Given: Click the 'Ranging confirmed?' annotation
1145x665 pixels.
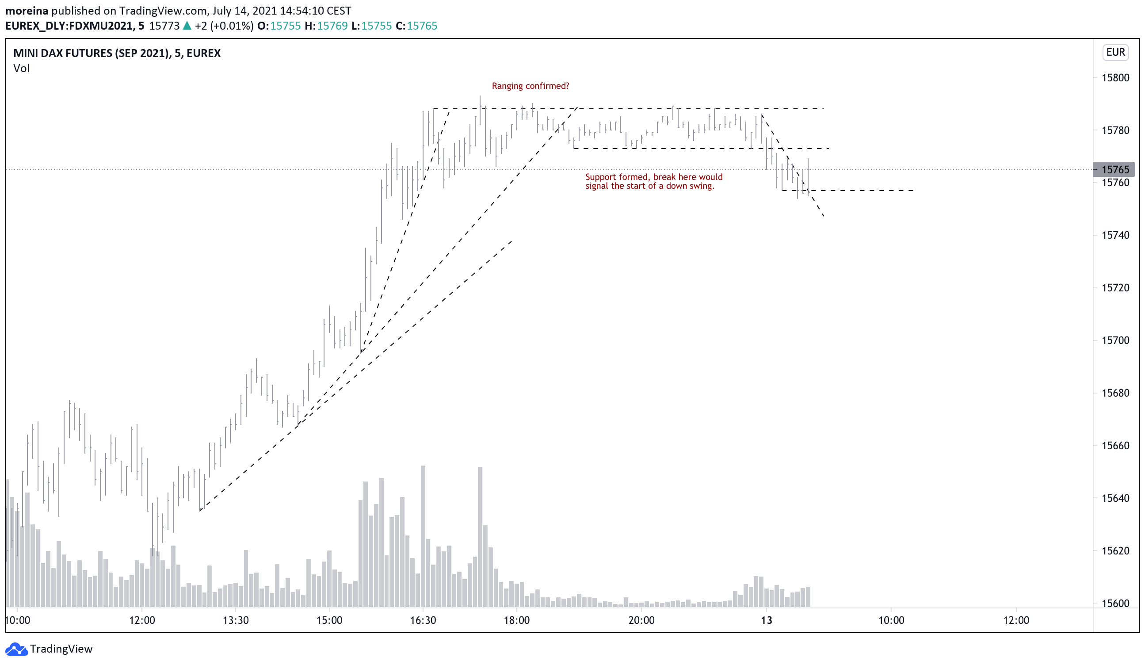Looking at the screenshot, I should click(530, 86).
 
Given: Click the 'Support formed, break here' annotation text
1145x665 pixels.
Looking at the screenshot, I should click(653, 181).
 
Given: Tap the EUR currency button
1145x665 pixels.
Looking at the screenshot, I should click(1115, 52).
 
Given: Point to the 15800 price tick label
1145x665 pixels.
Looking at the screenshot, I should click(1115, 78).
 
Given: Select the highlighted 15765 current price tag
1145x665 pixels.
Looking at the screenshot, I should click(1114, 169).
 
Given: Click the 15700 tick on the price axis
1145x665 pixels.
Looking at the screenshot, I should click(1115, 340).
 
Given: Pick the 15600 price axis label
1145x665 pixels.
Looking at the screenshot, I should click(1115, 603).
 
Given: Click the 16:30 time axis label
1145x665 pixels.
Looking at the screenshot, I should click(423, 620).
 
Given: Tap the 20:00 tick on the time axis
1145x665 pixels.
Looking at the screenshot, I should click(641, 620).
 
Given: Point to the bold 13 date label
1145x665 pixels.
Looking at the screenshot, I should click(767, 620).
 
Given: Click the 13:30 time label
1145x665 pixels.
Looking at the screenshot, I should click(236, 620).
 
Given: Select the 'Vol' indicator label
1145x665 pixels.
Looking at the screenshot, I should click(21, 68).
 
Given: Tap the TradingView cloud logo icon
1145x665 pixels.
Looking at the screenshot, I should click(17, 649).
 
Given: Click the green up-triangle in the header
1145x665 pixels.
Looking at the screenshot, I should click(187, 26).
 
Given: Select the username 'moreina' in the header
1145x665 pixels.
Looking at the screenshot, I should click(27, 11).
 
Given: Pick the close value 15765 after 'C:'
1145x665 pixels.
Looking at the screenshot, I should click(422, 26).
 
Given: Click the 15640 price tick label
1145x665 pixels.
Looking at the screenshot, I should click(1115, 498).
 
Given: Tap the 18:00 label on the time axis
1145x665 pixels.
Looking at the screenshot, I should click(517, 620).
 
